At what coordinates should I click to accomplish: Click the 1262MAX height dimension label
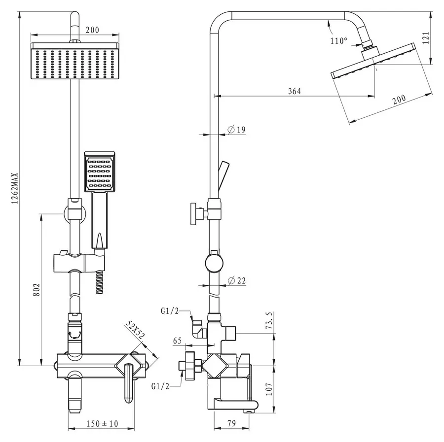click(14, 188)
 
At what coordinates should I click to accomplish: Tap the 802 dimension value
click(37, 290)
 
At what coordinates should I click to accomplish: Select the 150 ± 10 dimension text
click(102, 423)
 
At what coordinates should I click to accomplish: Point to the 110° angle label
click(338, 41)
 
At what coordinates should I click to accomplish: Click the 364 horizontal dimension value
click(295, 91)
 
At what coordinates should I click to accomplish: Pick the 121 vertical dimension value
click(426, 38)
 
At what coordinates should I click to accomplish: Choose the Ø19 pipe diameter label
click(237, 130)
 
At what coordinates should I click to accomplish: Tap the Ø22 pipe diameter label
click(237, 280)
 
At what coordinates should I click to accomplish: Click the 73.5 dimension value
click(269, 320)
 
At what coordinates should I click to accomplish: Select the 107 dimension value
click(269, 389)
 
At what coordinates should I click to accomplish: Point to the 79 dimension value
click(232, 423)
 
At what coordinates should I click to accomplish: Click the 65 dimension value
click(177, 340)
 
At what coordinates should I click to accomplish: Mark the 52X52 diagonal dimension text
click(135, 330)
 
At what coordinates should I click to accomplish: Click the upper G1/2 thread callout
click(170, 311)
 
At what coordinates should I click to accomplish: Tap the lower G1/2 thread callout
click(160, 386)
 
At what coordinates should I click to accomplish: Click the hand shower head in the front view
click(100, 171)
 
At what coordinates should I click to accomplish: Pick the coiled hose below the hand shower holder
click(99, 282)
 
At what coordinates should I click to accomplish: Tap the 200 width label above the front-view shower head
click(92, 30)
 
